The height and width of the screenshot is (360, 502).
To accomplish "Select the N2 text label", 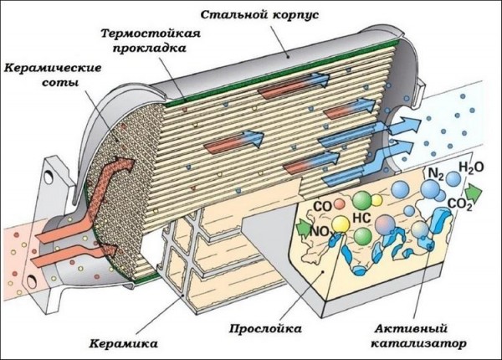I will (x=435, y=173).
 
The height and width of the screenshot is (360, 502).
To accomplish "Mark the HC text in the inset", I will (x=362, y=215).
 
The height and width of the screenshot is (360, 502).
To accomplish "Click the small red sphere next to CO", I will (x=340, y=203).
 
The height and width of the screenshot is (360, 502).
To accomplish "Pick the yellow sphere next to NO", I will (x=342, y=224).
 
